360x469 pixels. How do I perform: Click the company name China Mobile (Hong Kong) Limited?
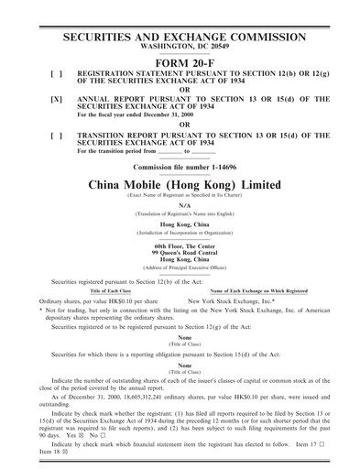(x=180, y=184)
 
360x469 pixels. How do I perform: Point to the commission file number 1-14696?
(x=180, y=169)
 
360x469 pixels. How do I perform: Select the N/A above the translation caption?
(x=180, y=205)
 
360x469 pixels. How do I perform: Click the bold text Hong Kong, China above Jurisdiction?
(x=180, y=224)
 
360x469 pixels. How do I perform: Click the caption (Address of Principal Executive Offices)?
(x=180, y=267)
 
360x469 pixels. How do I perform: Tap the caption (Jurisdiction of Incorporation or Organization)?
(x=180, y=232)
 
